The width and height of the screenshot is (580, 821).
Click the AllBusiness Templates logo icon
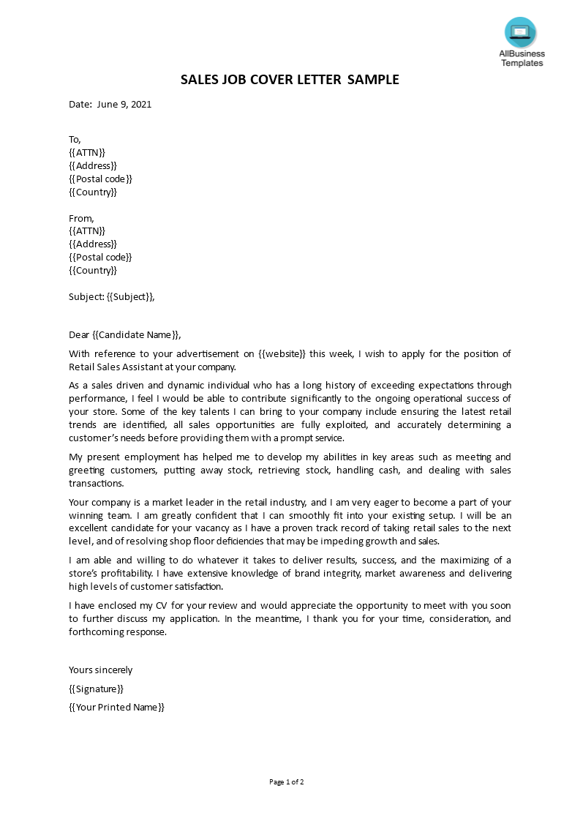click(520, 32)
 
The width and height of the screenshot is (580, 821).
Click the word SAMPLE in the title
click(373, 80)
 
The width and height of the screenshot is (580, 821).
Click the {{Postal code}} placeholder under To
click(101, 179)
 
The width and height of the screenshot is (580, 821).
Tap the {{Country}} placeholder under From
click(93, 271)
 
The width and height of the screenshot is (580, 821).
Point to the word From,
click(81, 218)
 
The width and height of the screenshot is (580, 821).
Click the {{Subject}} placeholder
click(129, 297)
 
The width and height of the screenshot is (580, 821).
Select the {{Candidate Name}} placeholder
click(135, 335)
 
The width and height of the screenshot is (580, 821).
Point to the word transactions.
click(97, 484)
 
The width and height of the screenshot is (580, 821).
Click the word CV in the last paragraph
click(163, 606)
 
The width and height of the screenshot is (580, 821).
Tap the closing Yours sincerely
click(101, 670)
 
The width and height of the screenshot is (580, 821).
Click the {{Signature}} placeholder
click(96, 689)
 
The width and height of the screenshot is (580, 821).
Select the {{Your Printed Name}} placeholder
click(116, 708)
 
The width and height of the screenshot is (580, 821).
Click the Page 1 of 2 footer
click(287, 782)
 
